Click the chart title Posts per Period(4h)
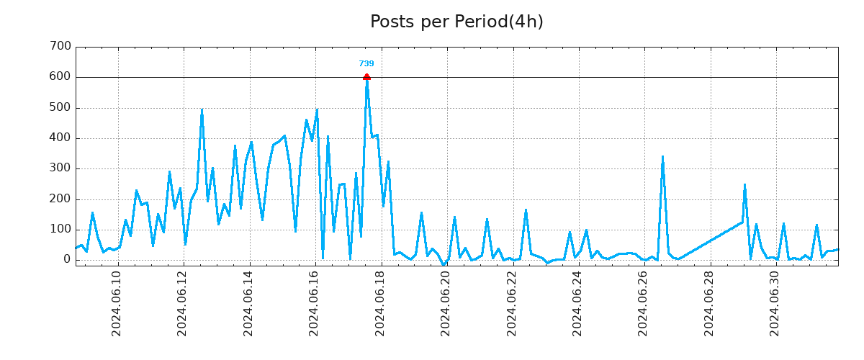[456, 22]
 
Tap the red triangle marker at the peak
[366, 76]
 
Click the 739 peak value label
[366, 64]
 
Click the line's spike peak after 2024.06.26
[662, 156]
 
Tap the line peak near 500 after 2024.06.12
[202, 109]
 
